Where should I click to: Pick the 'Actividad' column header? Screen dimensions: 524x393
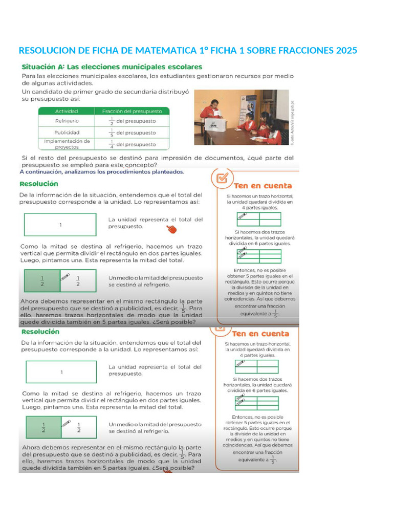(66, 111)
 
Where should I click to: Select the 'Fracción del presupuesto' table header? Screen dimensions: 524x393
(132, 111)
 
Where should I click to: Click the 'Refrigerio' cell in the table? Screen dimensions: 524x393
(67, 121)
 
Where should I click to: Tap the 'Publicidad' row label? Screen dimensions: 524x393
(67, 133)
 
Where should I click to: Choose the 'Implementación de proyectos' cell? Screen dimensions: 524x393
(67, 144)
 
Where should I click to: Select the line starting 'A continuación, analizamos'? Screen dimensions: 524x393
(101, 172)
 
